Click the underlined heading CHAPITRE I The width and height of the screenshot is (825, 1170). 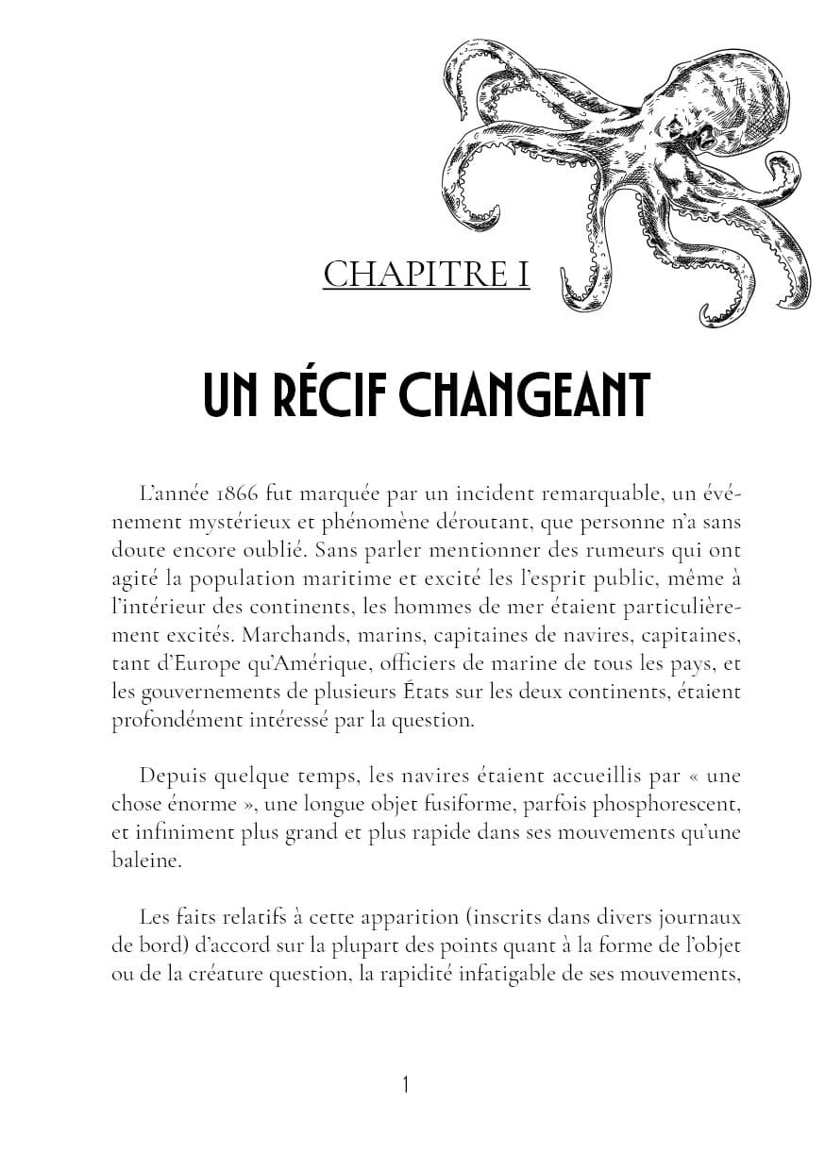click(x=426, y=276)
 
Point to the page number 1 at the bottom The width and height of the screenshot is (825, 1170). click(x=406, y=1085)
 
